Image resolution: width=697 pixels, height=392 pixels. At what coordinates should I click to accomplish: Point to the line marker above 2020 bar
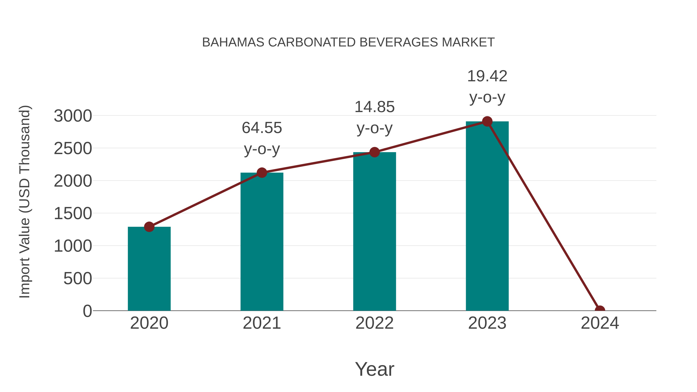coord(149,227)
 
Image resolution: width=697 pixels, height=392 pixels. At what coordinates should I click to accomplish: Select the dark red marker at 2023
coord(487,121)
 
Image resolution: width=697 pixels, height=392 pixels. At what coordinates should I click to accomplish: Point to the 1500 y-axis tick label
coord(73,214)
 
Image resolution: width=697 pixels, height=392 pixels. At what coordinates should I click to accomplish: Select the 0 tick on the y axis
coord(87,311)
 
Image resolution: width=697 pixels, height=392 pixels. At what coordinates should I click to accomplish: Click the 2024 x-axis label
coord(600,323)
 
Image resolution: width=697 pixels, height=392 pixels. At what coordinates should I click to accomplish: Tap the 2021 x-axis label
coord(262,323)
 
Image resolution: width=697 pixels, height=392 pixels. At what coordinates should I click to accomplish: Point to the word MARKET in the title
coord(468,42)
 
